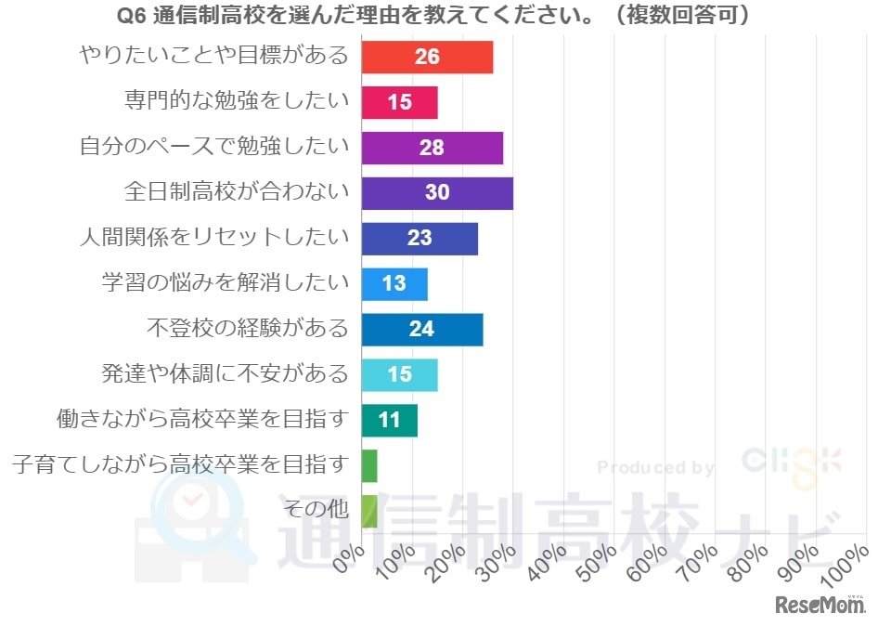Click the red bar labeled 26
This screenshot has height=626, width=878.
click(426, 57)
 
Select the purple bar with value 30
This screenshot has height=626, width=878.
click(436, 192)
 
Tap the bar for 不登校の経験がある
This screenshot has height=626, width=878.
click(421, 329)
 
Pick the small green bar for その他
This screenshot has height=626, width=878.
click(368, 511)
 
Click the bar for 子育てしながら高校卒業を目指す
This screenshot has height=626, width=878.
click(368, 465)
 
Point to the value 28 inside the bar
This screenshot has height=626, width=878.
click(432, 148)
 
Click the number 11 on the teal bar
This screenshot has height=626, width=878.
click(389, 420)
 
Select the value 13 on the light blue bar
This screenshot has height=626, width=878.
click(394, 283)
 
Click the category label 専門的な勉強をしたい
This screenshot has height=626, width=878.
click(237, 101)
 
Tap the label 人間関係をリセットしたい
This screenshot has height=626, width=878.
click(213, 237)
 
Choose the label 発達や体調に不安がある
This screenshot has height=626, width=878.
click(225, 373)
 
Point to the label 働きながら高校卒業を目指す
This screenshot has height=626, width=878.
click(201, 419)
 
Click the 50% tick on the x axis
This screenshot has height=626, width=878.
click(600, 563)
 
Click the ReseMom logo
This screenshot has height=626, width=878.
click(820, 605)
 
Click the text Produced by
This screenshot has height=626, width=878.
click(655, 467)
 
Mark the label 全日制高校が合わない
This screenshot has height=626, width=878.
click(237, 191)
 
